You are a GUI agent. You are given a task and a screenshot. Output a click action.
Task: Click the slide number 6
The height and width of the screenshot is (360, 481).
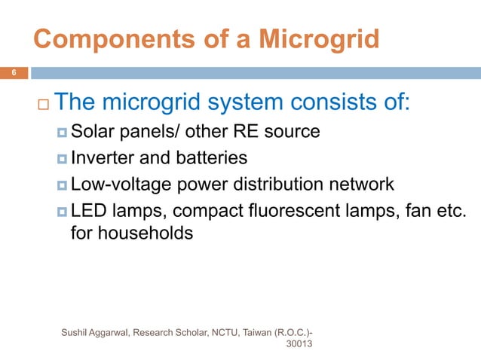point(13,73)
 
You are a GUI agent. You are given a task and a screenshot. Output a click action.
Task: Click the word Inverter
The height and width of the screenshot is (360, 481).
point(100,158)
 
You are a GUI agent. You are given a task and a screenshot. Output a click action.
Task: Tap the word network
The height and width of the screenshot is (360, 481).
point(363,185)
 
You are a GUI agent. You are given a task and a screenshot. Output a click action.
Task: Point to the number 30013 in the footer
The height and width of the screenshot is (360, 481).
point(301,344)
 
